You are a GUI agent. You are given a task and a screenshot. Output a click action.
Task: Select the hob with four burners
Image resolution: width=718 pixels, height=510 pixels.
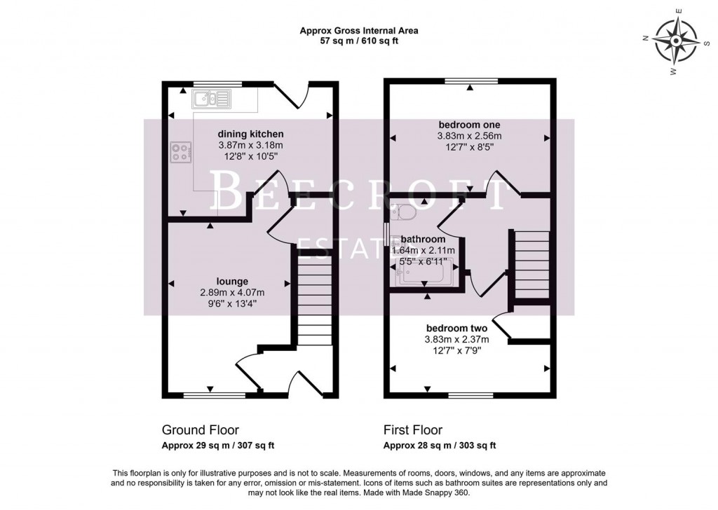(181, 153)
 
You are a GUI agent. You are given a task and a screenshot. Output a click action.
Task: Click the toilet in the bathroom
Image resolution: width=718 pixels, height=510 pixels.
(403, 211)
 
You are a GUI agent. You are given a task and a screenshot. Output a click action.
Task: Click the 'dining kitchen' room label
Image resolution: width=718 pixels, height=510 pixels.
(250, 134)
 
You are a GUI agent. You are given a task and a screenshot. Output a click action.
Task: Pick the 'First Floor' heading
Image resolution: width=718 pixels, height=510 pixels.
(413, 429)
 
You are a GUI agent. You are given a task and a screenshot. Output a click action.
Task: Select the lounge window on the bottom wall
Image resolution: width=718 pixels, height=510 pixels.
(215, 394)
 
